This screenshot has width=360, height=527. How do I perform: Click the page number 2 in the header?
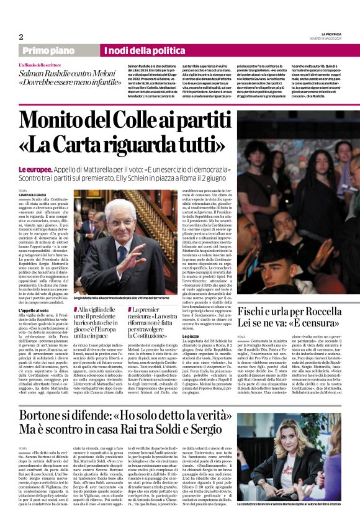click(21, 37)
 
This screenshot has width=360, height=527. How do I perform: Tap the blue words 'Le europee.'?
click(34, 169)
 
